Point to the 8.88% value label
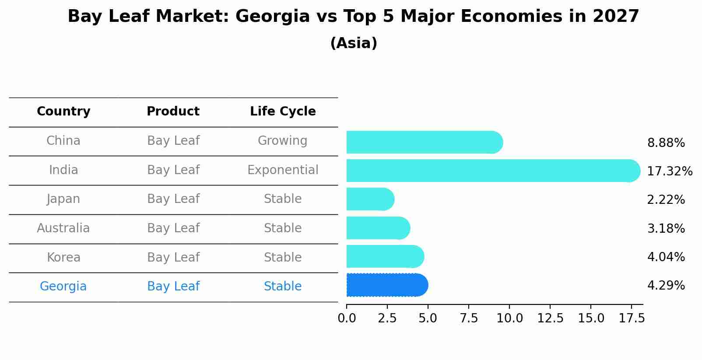pos(666,143)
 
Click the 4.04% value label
pos(666,257)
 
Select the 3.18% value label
pos(666,229)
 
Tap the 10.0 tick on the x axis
pos(509,318)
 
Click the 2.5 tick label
pos(387,318)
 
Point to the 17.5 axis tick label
pos(631,318)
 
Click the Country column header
pos(63,112)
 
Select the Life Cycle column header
pos(283,112)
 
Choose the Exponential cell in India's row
pos(283,170)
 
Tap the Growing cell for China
pos(282,141)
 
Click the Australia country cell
pos(63,228)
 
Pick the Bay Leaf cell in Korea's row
pos(173,258)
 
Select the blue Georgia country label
pos(63,287)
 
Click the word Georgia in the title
pos(272,17)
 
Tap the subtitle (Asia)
pos(354,43)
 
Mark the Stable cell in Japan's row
pos(283,199)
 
